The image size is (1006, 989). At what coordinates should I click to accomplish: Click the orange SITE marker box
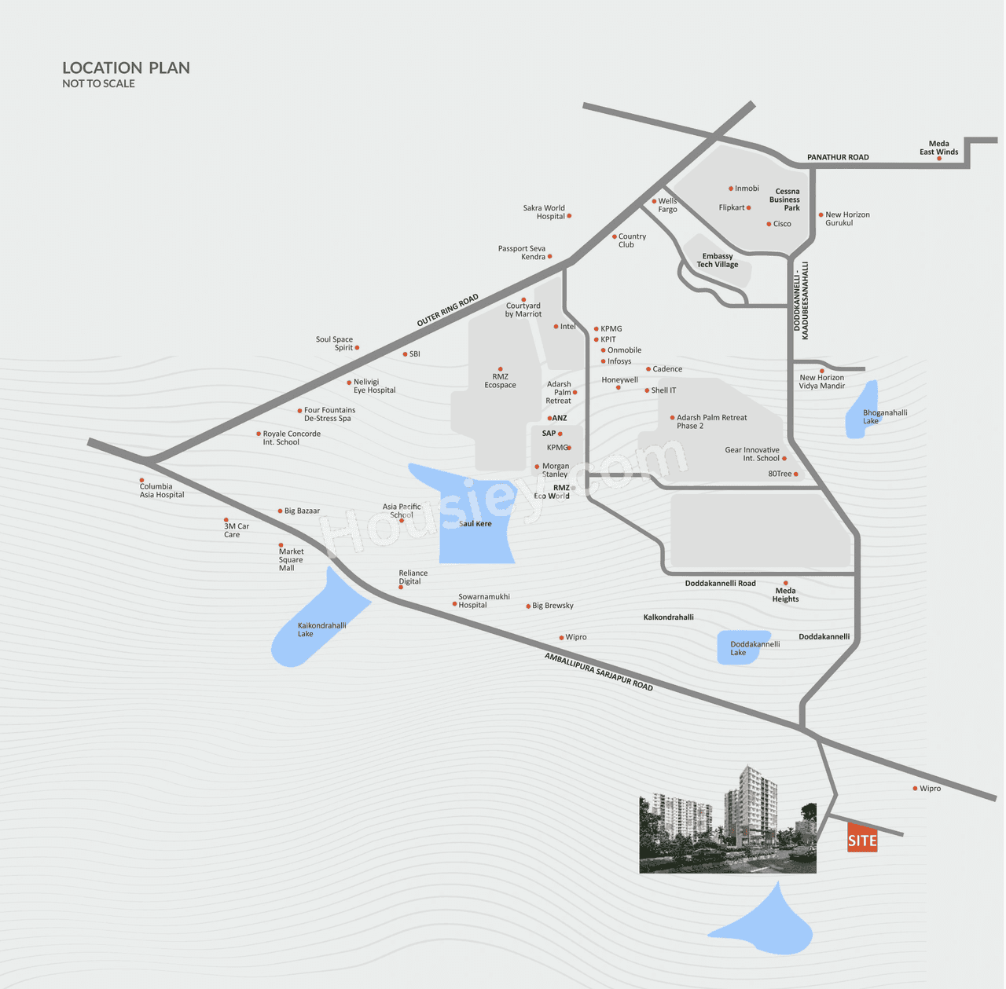pos(862,838)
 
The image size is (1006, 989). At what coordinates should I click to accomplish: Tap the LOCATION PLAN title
pos(126,68)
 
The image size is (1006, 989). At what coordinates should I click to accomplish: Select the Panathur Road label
pos(838,157)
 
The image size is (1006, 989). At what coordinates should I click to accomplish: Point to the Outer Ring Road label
pos(447,311)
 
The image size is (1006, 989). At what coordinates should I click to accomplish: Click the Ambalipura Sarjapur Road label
pos(599,672)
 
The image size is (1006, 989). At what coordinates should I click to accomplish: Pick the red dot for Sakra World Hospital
pos(569,216)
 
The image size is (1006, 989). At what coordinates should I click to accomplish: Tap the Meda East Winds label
pos(938,148)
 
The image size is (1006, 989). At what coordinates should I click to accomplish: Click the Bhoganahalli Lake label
pos(884,416)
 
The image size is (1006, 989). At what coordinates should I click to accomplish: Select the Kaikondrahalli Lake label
pos(321,629)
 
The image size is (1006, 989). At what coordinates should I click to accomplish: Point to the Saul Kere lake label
pos(475,523)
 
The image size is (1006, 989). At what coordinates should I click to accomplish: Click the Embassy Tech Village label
pos(717,260)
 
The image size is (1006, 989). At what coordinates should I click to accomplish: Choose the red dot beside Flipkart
pos(749,207)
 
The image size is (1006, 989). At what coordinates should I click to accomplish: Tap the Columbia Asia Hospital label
pos(162,490)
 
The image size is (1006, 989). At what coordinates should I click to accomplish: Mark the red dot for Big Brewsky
pos(528,606)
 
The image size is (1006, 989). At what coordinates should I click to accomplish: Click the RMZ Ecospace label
pos(500,380)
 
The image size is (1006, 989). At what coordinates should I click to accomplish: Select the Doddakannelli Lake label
pos(754,648)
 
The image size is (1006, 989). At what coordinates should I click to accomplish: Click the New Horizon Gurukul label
pos(847,218)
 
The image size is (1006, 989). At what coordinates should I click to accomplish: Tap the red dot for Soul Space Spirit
pos(357,347)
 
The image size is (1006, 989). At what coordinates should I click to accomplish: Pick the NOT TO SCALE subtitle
pos(98,84)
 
